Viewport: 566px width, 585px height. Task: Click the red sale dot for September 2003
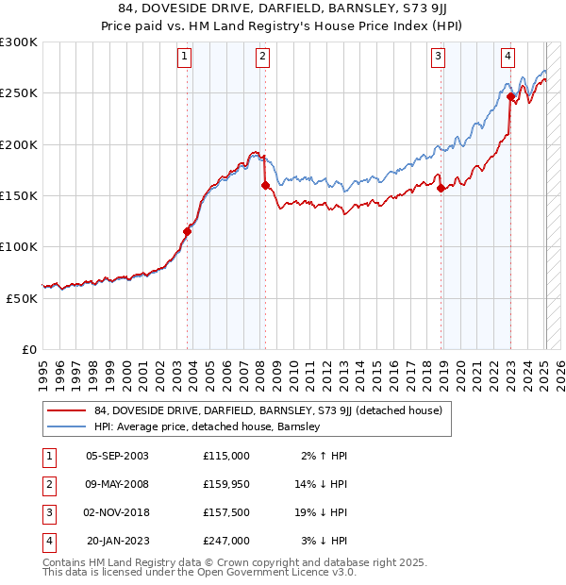[x=187, y=231]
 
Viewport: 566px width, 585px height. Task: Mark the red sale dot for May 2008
[x=265, y=186]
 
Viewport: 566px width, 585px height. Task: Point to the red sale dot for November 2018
[x=441, y=188]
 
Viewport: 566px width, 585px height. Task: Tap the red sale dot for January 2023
[x=510, y=96]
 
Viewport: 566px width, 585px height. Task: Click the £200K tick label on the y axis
[x=19, y=144]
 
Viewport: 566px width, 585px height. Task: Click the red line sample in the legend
[x=67, y=410]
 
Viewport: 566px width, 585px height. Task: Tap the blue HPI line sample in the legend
[x=67, y=426]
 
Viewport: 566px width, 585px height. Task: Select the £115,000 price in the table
[x=225, y=456]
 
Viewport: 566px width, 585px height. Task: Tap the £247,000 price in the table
[x=225, y=541]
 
